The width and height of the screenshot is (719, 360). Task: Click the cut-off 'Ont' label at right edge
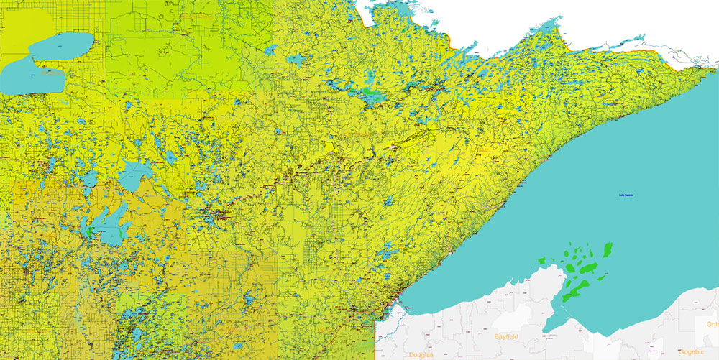pyautogui.click(x=712, y=324)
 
